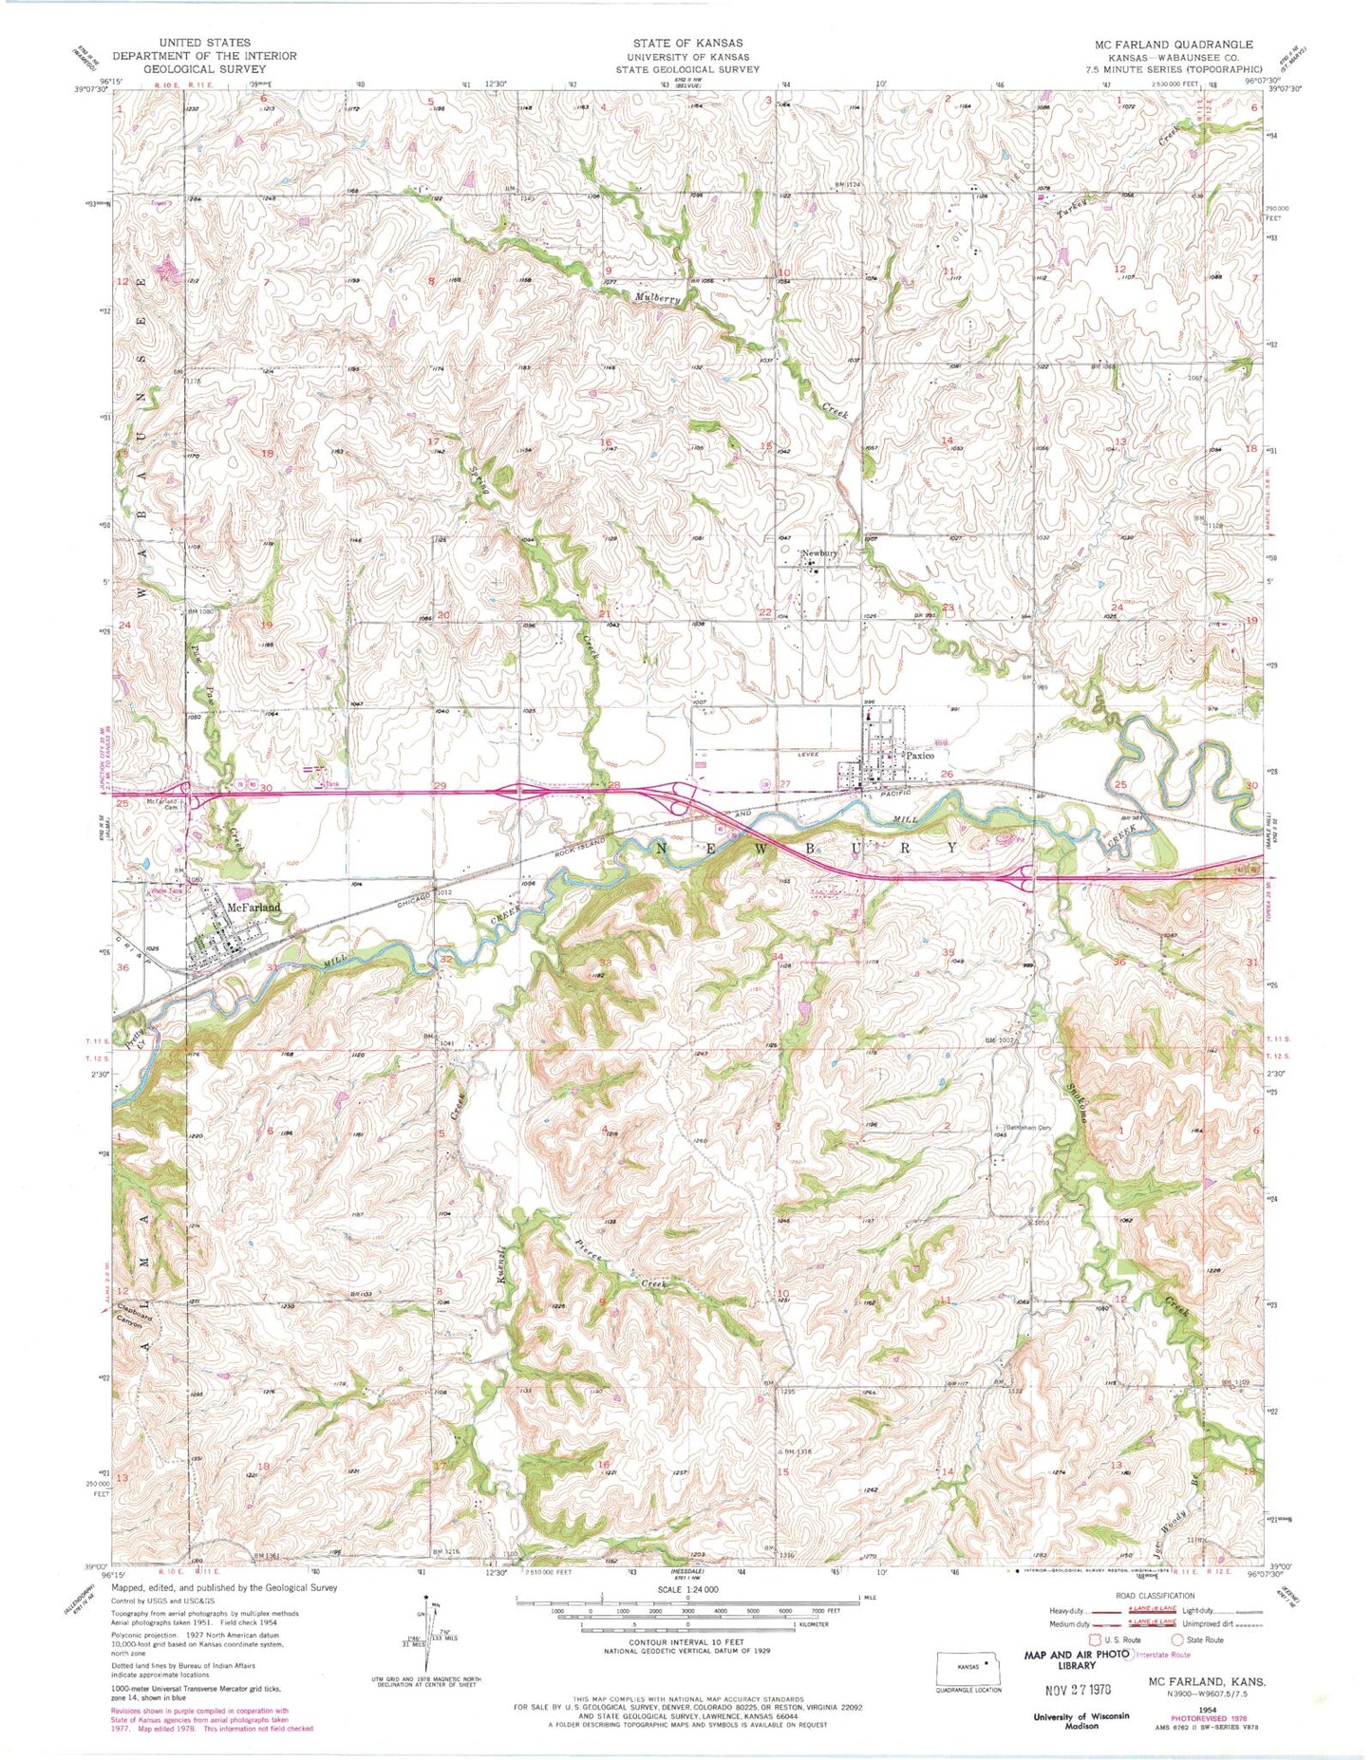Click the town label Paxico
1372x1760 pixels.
point(919,756)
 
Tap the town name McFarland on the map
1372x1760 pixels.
point(254,908)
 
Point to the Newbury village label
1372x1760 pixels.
point(820,553)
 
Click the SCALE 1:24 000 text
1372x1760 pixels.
point(686,1589)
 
